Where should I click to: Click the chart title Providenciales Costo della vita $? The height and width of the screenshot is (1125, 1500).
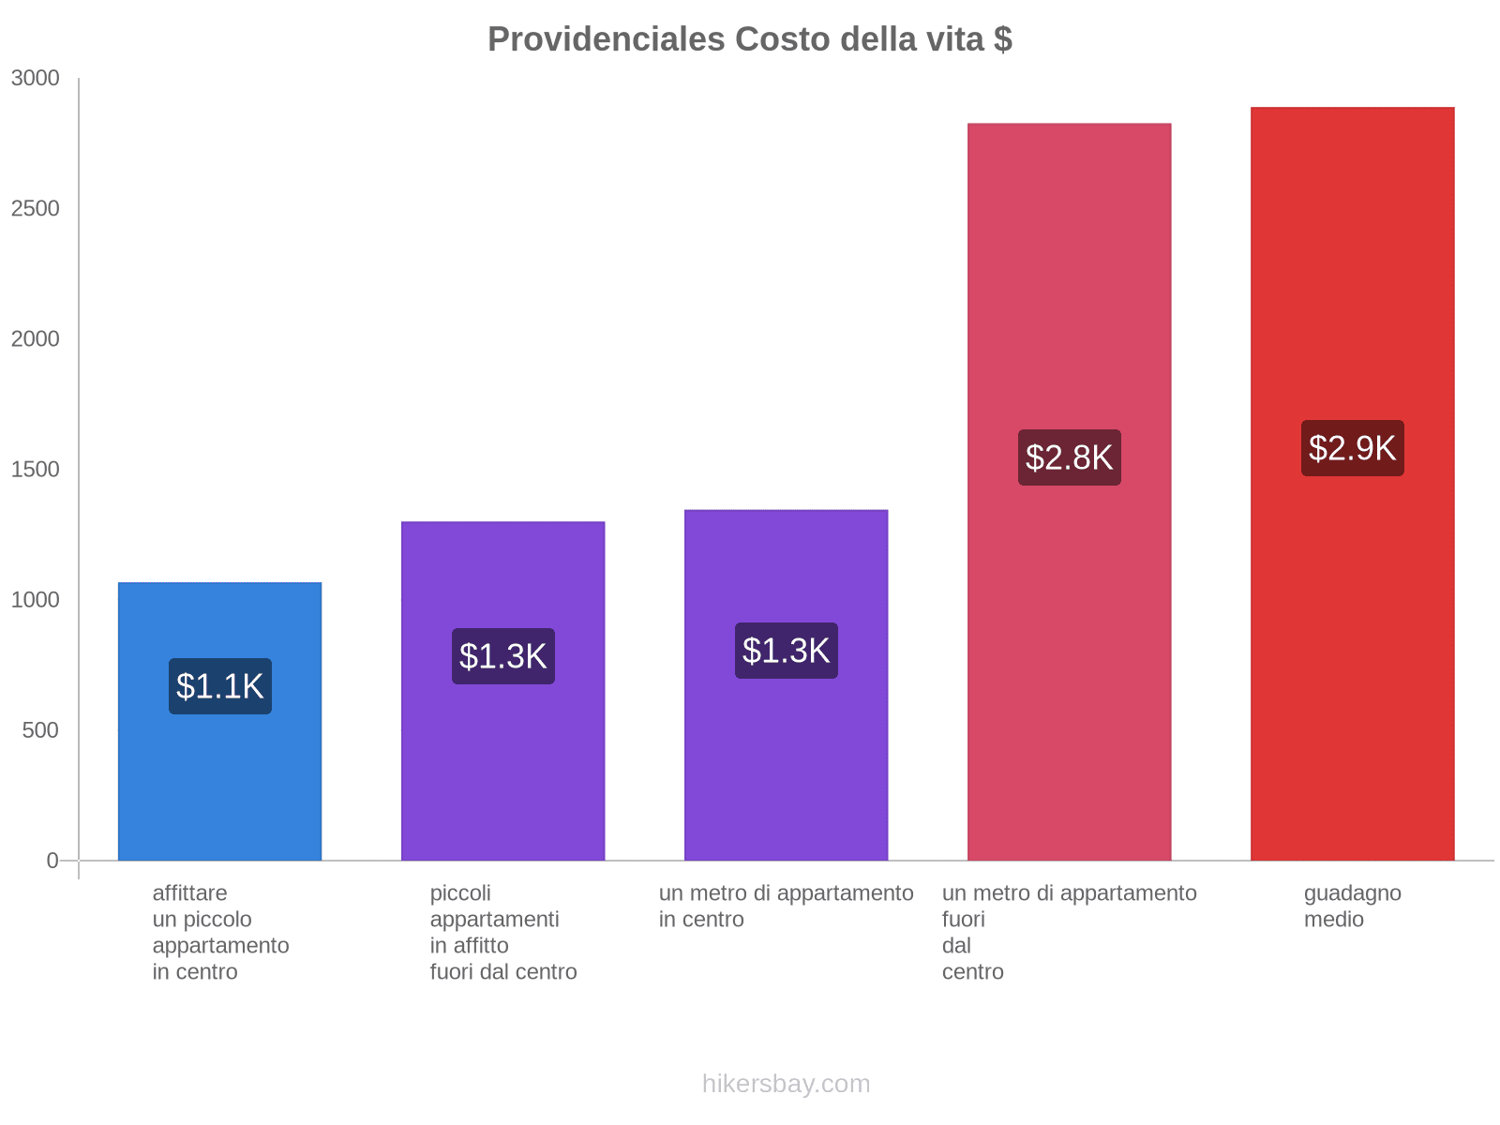click(x=749, y=39)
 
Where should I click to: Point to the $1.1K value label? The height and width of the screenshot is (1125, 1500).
click(x=220, y=686)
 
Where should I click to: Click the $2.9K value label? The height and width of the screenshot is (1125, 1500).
click(x=1352, y=448)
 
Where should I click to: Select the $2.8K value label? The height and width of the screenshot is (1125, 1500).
click(x=1069, y=457)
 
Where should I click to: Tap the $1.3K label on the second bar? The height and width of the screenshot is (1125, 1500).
click(x=503, y=656)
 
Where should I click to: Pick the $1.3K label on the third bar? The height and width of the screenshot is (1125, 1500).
click(x=786, y=651)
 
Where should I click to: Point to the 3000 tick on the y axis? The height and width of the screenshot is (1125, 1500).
click(x=35, y=79)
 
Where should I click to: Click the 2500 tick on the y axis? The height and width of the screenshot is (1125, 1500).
click(x=35, y=209)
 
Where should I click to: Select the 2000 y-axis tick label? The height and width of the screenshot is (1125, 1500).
click(x=35, y=339)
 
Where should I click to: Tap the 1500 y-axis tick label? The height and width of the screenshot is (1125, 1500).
click(x=35, y=470)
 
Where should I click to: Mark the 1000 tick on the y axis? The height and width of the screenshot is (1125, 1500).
click(x=35, y=600)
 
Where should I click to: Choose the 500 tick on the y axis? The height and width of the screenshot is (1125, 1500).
click(x=40, y=730)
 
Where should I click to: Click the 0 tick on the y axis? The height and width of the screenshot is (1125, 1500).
click(x=52, y=861)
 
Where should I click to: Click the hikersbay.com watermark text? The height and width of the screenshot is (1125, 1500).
click(x=786, y=1084)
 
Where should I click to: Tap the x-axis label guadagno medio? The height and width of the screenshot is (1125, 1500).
click(x=1352, y=906)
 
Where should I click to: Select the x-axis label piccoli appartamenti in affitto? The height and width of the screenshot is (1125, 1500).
click(x=502, y=932)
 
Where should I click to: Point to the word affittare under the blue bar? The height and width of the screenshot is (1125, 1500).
click(x=189, y=893)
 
